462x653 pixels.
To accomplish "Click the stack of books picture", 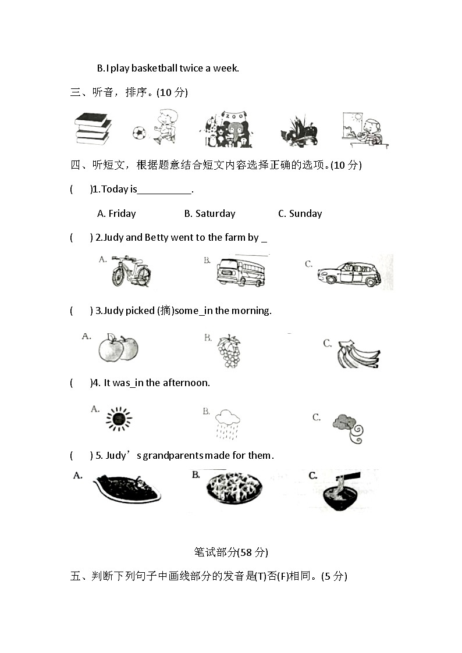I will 93,129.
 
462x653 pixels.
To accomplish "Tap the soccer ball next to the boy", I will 138,134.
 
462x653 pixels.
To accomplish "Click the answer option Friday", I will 116,213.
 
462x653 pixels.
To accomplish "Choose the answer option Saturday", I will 209,213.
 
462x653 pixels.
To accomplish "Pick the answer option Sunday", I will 300,213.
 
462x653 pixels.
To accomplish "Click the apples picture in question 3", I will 118,349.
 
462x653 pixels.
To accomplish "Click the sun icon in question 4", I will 119,419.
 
